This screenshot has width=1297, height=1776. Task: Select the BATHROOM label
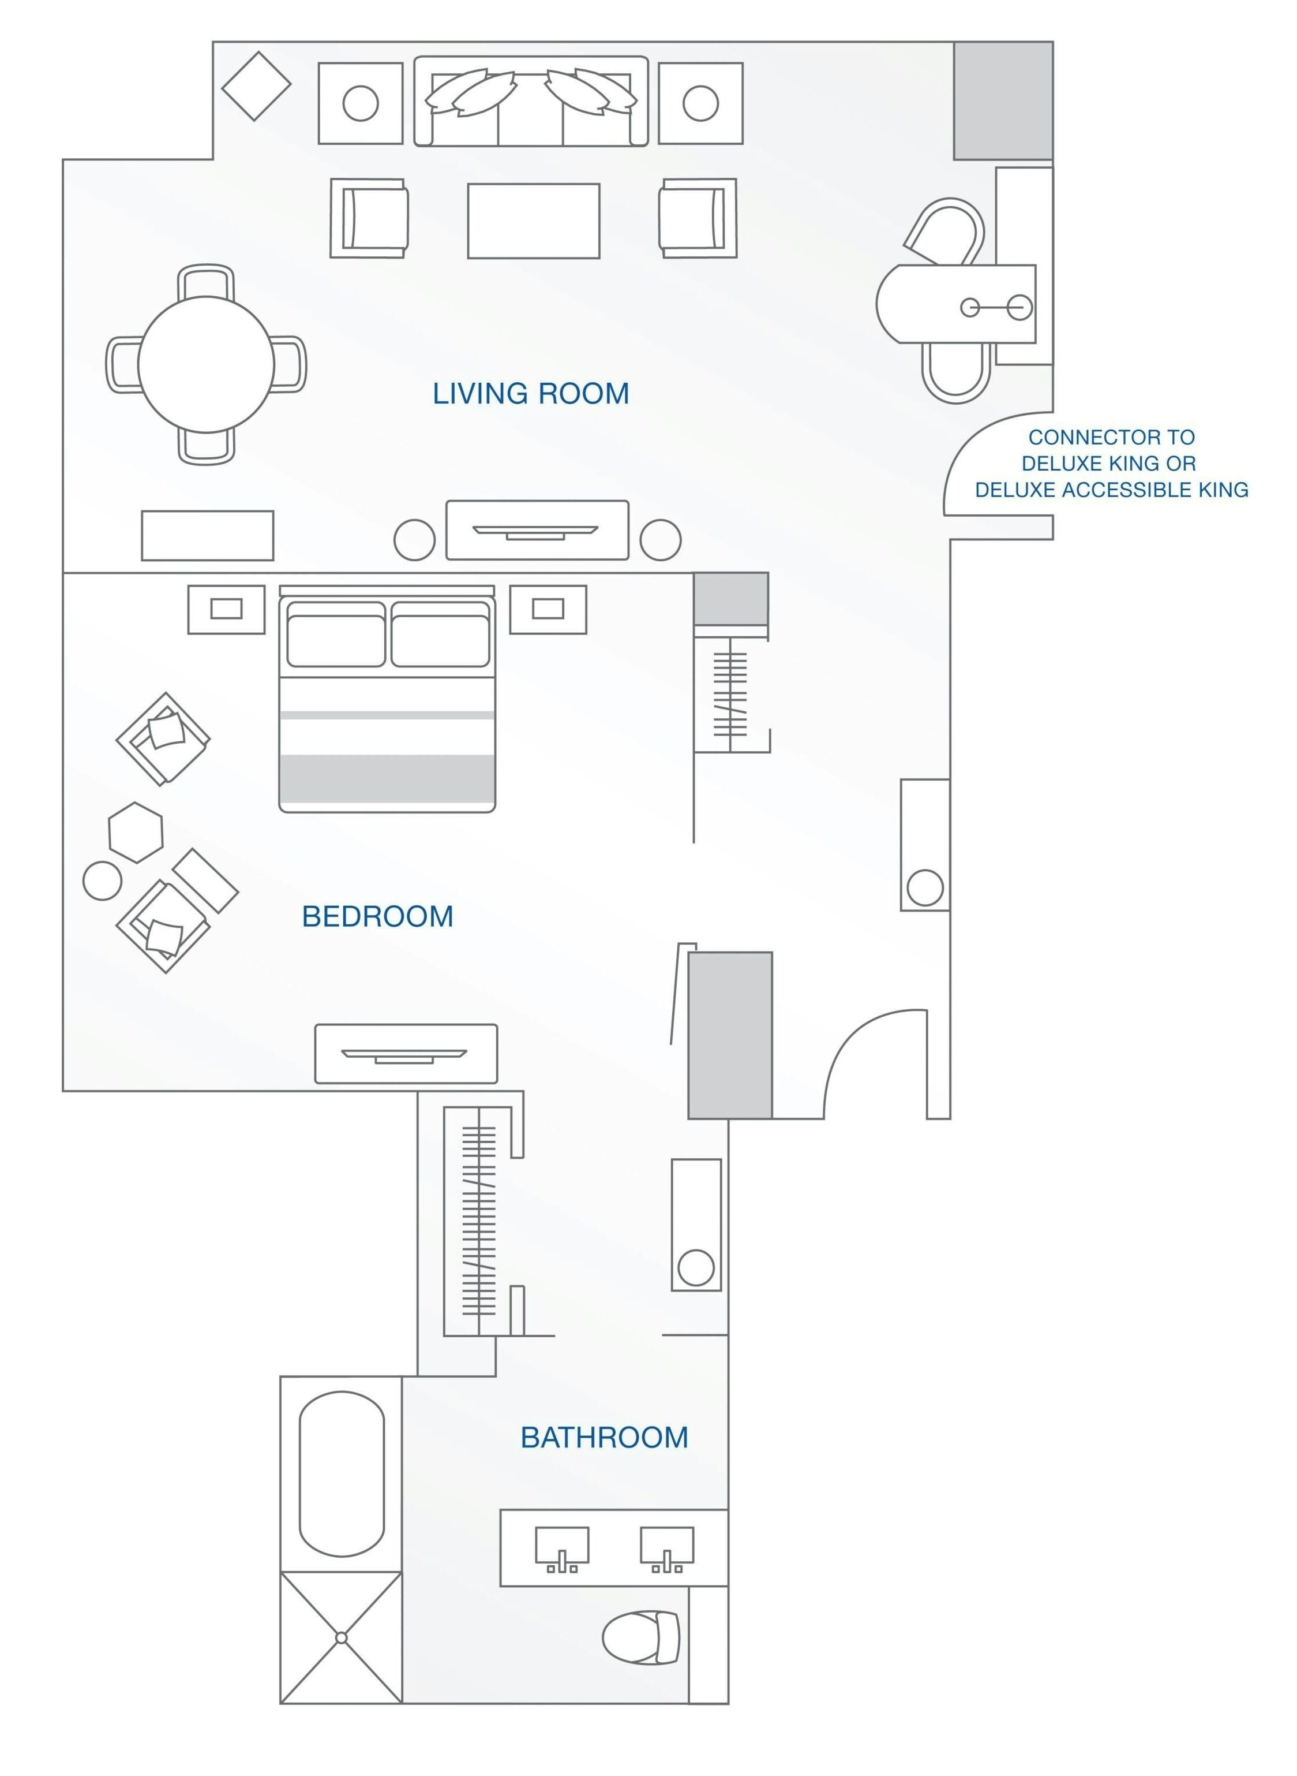click(x=603, y=1438)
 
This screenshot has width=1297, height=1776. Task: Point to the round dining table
click(x=206, y=364)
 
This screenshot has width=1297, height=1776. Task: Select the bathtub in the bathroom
click(x=342, y=1473)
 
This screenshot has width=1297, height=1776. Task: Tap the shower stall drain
click(x=341, y=1638)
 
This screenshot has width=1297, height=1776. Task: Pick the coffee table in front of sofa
click(x=533, y=221)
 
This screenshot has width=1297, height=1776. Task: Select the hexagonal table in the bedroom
click(x=136, y=832)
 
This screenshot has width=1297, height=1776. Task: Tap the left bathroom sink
click(x=562, y=1546)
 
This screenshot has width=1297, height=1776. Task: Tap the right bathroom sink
click(x=666, y=1546)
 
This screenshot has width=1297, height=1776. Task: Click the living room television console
click(x=537, y=530)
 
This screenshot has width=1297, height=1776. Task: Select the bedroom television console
click(x=406, y=1054)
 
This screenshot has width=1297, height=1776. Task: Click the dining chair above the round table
click(x=206, y=281)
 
